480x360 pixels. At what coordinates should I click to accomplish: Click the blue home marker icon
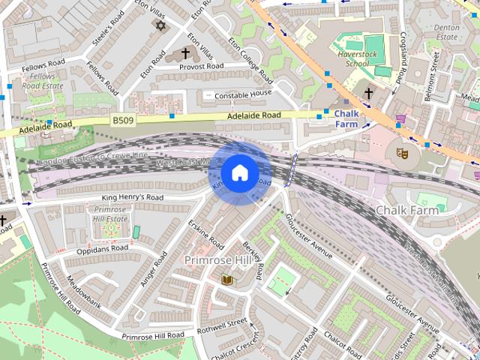[x=239, y=173]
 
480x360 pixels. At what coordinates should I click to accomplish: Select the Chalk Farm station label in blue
[x=346, y=118]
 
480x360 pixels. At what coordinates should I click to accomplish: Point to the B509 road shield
[x=122, y=119]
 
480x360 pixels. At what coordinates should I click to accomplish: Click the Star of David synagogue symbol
[x=159, y=26]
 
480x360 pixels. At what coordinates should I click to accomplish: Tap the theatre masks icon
[x=402, y=153]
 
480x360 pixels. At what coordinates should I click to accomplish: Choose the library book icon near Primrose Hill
[x=227, y=280]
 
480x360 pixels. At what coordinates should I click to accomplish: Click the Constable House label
[x=243, y=95]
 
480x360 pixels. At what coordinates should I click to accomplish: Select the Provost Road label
[x=201, y=67]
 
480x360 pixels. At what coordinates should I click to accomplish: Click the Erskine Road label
[x=206, y=233]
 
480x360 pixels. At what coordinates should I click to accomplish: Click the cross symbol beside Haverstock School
[x=368, y=94]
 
